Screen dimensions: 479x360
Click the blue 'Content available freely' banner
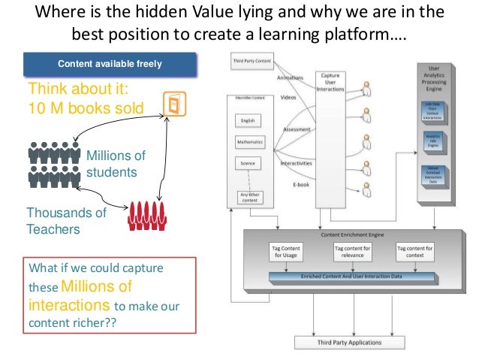[110, 62]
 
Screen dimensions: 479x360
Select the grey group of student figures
[53, 165]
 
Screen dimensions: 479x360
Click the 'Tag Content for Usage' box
[285, 252]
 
